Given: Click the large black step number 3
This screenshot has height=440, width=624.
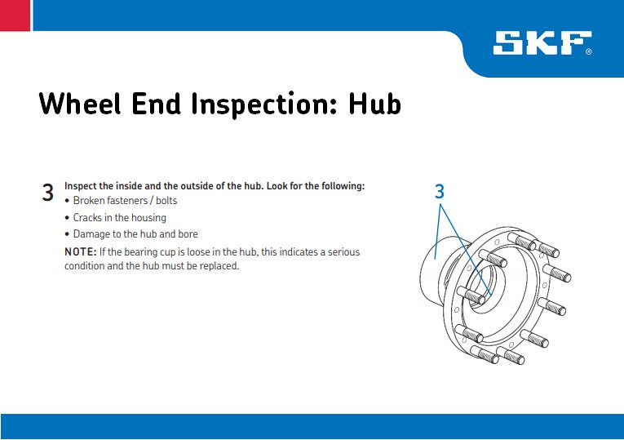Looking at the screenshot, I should [x=48, y=193].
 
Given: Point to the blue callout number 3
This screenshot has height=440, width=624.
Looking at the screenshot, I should [x=440, y=192].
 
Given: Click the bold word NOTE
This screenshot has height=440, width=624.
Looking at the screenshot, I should [x=79, y=252].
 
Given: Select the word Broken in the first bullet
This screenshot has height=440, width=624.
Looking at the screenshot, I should [x=91, y=201].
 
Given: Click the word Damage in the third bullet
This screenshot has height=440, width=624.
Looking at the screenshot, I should [x=92, y=234].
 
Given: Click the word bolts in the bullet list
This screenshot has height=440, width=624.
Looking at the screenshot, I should [x=164, y=201].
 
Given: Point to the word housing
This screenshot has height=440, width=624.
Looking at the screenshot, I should [x=148, y=218].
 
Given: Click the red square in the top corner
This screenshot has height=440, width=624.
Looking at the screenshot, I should [x=15, y=15].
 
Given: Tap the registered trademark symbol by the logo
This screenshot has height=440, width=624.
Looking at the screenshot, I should [x=588, y=51].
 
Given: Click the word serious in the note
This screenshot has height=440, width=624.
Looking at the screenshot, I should [x=343, y=252].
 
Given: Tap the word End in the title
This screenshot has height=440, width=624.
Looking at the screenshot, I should [x=157, y=104].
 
